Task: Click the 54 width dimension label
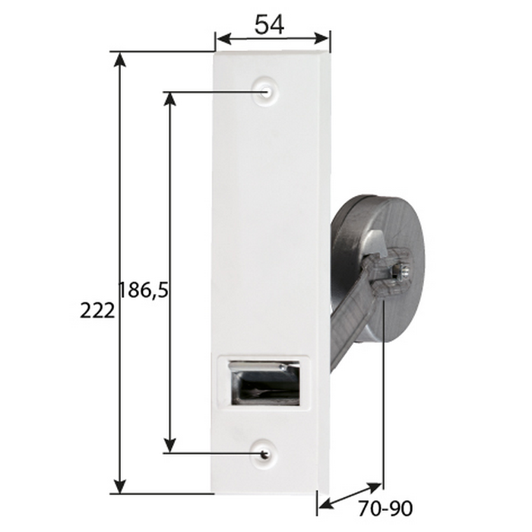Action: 269,25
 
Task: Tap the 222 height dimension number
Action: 97,311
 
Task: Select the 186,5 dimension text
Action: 143,290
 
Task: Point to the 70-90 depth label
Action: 385,508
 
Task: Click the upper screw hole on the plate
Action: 266,92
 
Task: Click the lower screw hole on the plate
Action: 264,454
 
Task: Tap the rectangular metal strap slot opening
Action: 265,382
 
